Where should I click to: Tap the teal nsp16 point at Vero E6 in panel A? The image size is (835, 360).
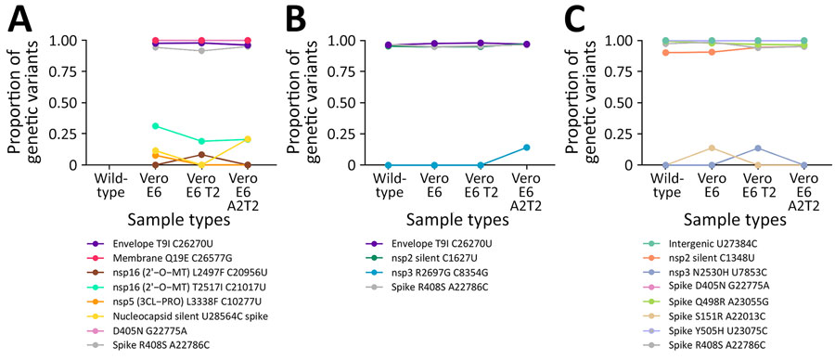tap(155, 125)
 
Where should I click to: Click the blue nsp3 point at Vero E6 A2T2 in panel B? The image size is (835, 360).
tap(527, 148)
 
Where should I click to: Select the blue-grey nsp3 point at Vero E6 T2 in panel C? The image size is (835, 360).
tap(758, 148)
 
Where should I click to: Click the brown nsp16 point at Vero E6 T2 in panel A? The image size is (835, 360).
tap(200, 154)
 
